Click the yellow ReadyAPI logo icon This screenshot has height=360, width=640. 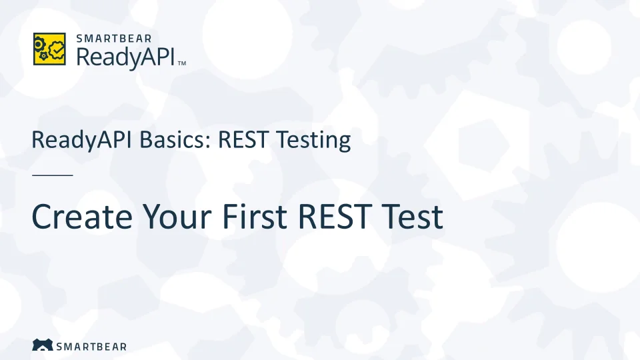pyautogui.click(x=49, y=49)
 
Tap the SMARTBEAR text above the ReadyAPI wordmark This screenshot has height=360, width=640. pyautogui.click(x=114, y=39)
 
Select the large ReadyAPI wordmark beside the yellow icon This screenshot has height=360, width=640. pyautogui.click(x=126, y=57)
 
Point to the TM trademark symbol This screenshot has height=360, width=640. pyautogui.click(x=182, y=63)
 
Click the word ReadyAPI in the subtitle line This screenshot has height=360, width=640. pyautogui.click(x=81, y=141)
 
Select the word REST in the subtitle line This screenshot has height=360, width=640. pyautogui.click(x=243, y=139)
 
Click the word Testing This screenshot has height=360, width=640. pyautogui.click(x=313, y=141)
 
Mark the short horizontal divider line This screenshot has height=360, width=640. pyautogui.click(x=53, y=175)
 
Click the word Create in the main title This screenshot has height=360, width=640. pyautogui.click(x=82, y=216)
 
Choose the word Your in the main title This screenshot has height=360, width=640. pyautogui.click(x=177, y=216)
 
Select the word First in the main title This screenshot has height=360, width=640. pyautogui.click(x=255, y=216)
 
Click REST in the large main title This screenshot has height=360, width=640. pyautogui.click(x=335, y=216)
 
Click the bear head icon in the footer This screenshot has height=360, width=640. pyautogui.click(x=43, y=345)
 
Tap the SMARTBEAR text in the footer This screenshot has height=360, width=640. pyautogui.click(x=91, y=347)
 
